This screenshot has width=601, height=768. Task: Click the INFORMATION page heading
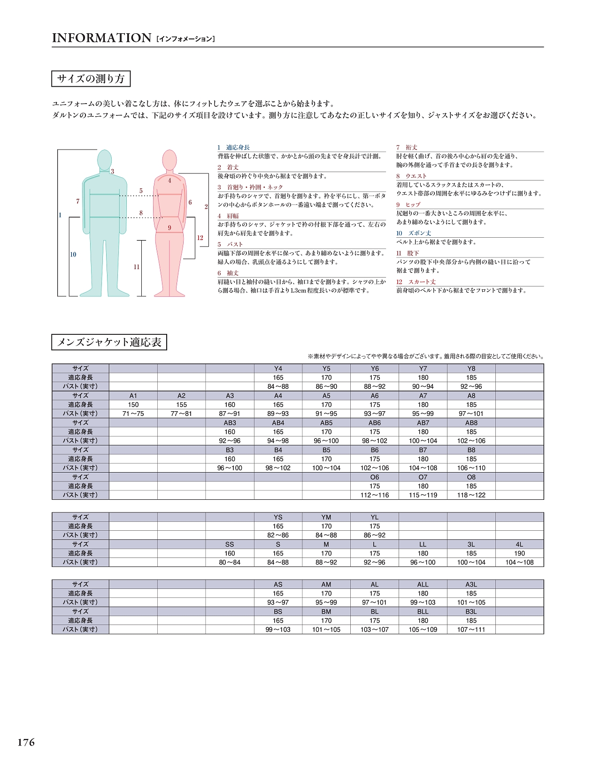(x=101, y=38)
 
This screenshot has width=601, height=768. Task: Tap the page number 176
(x=26, y=742)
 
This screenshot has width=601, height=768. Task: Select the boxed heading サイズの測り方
(x=91, y=79)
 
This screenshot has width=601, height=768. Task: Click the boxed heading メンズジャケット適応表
(x=109, y=342)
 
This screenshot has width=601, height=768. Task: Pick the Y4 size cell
(x=278, y=369)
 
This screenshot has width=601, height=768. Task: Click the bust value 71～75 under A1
(x=133, y=414)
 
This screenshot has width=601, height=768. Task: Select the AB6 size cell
(x=375, y=422)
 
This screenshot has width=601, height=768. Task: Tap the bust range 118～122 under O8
(x=471, y=495)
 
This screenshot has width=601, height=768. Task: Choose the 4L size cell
(x=519, y=544)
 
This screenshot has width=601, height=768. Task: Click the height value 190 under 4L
(x=519, y=553)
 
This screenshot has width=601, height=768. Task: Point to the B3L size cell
(x=471, y=611)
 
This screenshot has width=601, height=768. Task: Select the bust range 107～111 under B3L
(x=471, y=630)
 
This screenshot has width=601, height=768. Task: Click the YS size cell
(x=278, y=517)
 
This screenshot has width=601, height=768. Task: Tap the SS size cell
(x=230, y=544)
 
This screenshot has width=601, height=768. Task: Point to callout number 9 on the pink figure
(x=170, y=228)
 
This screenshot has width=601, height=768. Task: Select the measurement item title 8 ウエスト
(x=412, y=176)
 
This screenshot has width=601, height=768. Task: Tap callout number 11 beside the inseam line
(x=137, y=267)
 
